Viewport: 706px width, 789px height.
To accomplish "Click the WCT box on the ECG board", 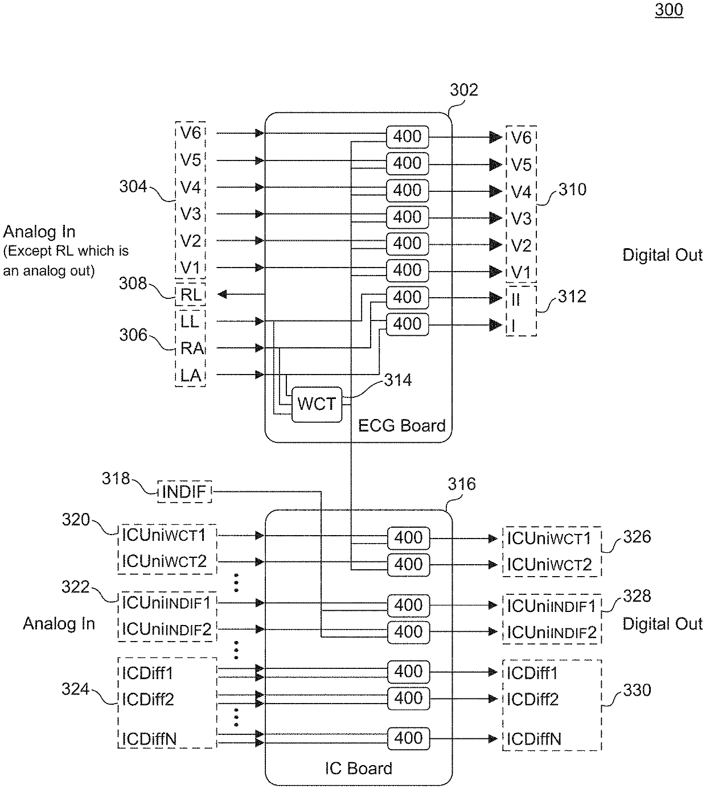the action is click(x=317, y=404).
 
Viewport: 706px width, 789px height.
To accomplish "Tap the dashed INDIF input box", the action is click(x=184, y=491).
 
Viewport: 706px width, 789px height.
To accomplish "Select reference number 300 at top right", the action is click(x=669, y=9).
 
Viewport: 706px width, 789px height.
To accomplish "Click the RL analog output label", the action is click(x=191, y=294).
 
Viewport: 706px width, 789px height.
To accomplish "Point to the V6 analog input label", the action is click(x=191, y=133).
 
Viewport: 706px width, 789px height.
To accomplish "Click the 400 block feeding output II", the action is click(x=407, y=297).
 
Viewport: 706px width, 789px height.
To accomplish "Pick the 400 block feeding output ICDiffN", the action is click(x=408, y=738).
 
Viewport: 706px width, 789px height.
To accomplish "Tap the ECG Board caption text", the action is click(x=402, y=425).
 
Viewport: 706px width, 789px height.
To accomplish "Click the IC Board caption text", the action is click(x=359, y=768).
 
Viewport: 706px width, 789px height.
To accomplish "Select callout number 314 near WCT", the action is click(x=398, y=380).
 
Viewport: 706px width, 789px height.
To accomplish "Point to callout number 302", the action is click(x=463, y=90).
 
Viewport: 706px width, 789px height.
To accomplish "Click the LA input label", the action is click(x=191, y=375).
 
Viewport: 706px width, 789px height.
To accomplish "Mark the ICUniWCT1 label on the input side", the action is click(x=163, y=535).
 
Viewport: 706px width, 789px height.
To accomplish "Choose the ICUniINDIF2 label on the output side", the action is click(x=552, y=633).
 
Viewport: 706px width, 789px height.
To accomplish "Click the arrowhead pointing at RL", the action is click(x=221, y=294).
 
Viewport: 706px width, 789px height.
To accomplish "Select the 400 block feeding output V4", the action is click(x=407, y=191).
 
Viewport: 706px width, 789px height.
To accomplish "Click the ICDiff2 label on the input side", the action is click(x=147, y=700).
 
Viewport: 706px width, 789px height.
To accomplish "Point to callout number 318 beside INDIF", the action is click(x=116, y=479).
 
